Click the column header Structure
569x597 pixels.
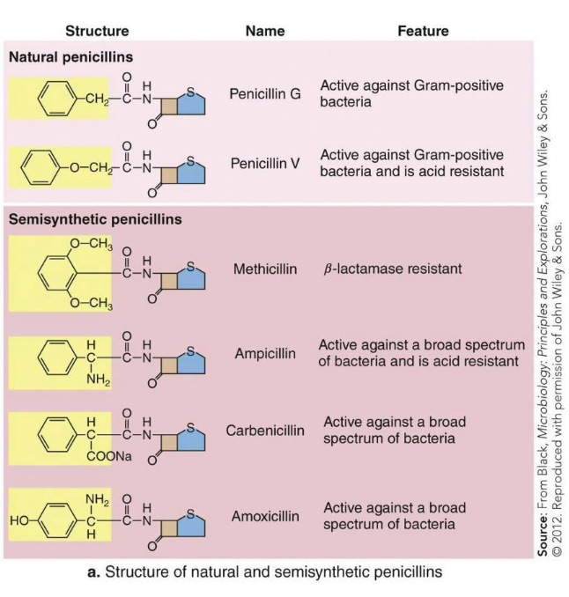click(x=97, y=31)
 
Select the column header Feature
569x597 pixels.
click(x=423, y=31)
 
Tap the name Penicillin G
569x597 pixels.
click(x=264, y=93)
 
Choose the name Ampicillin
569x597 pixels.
click(x=265, y=354)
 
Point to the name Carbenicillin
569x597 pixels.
click(x=265, y=431)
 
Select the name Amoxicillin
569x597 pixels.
click(x=265, y=516)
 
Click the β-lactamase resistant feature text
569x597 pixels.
click(x=392, y=269)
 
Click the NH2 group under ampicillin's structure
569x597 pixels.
click(x=97, y=380)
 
